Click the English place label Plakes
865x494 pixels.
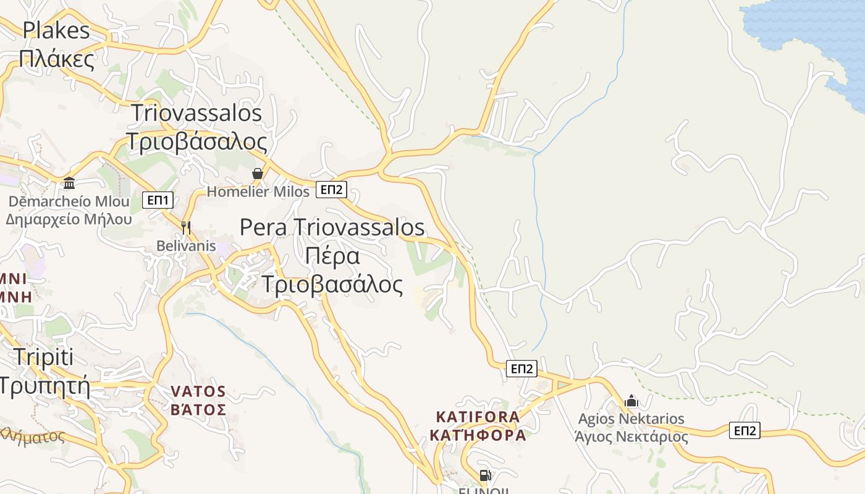pos(56,30)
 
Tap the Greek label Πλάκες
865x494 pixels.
pos(56,59)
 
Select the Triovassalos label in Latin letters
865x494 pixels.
pos(196,113)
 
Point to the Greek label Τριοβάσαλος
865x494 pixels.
pos(196,141)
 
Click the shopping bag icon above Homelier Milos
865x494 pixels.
pos(258,174)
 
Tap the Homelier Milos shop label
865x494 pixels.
pos(258,191)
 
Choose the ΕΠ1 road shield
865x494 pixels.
pos(158,199)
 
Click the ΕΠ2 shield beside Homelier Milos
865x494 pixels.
pos(331,190)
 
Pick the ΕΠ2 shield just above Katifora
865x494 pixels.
pos(521,369)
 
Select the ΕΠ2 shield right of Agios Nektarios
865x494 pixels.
pos(745,430)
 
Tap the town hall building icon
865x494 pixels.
pos(69,183)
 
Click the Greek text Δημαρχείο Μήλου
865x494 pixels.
pos(69,219)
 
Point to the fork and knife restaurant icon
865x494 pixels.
pos(186,227)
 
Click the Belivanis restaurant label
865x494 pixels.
pos(186,246)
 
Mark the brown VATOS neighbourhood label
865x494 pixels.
pos(198,391)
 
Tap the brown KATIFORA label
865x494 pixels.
pos(478,417)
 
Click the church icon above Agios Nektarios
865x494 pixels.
pos(631,401)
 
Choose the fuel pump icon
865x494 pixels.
pos(485,475)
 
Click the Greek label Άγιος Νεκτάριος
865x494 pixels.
pos(631,437)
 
